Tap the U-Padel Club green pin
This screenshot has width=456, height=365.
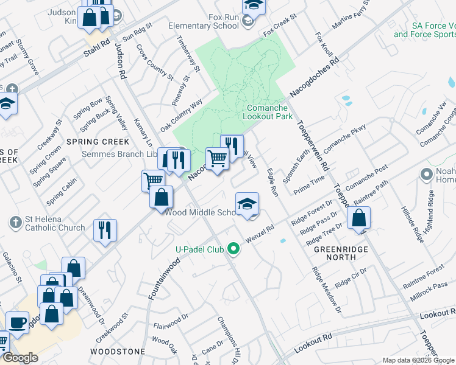(x=232, y=248)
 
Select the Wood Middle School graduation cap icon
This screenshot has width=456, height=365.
(x=248, y=204)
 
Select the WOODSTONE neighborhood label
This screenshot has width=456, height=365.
(x=117, y=352)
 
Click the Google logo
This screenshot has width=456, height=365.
(x=20, y=358)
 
